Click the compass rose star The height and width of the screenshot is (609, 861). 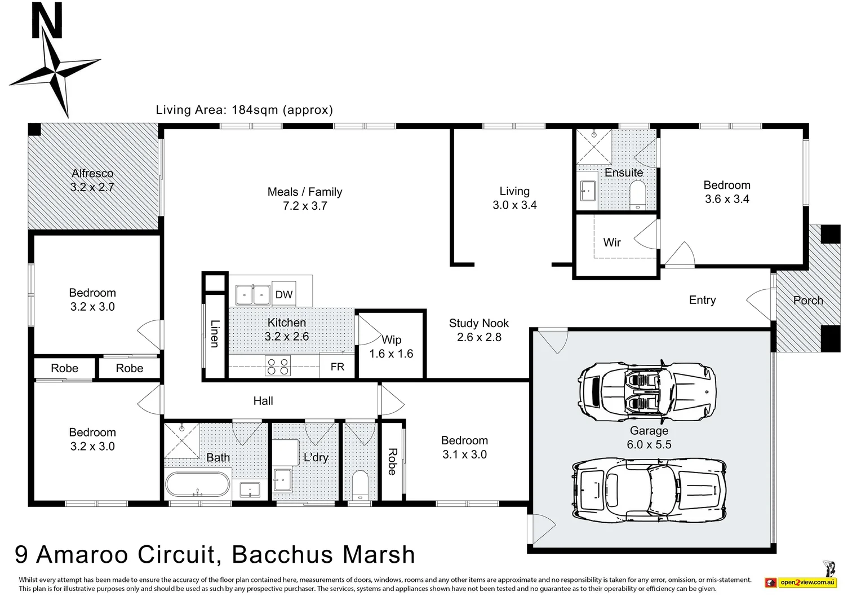pyautogui.click(x=55, y=72)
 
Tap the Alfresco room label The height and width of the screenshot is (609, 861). pyautogui.click(x=92, y=174)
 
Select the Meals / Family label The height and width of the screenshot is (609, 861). pyautogui.click(x=305, y=192)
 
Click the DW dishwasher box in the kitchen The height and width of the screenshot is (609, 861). pyautogui.click(x=284, y=294)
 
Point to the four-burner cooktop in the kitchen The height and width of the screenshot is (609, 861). pyautogui.click(x=277, y=367)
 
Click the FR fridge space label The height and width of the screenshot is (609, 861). pyautogui.click(x=337, y=367)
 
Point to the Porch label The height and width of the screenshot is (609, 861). pyautogui.click(x=808, y=301)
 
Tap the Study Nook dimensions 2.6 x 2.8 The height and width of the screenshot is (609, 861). pyautogui.click(x=479, y=337)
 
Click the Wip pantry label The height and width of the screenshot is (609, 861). pyautogui.click(x=391, y=340)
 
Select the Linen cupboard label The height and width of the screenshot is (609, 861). pyautogui.click(x=215, y=333)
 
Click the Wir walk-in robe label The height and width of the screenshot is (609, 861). pyautogui.click(x=611, y=242)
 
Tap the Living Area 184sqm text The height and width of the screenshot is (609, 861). pyautogui.click(x=244, y=110)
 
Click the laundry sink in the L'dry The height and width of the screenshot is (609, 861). pyautogui.click(x=282, y=480)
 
